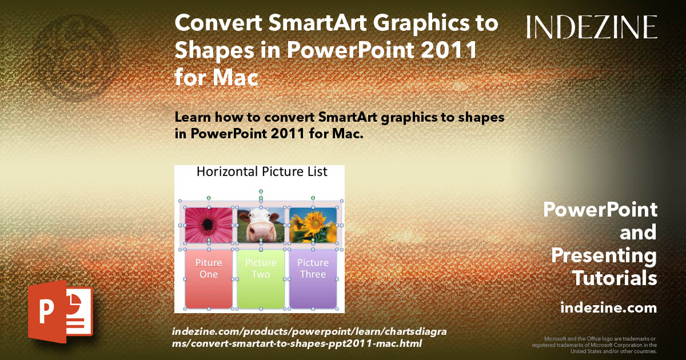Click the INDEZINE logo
tap(592, 27)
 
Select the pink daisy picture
tap(209, 225)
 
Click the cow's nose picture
tap(261, 225)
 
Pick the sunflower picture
tap(313, 225)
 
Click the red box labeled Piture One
tap(209, 279)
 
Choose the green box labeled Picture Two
tap(261, 279)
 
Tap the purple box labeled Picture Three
tap(313, 279)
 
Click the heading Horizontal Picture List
tap(262, 171)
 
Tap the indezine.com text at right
tap(608, 308)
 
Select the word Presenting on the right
tap(604, 255)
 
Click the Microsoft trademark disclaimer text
tap(594, 345)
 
